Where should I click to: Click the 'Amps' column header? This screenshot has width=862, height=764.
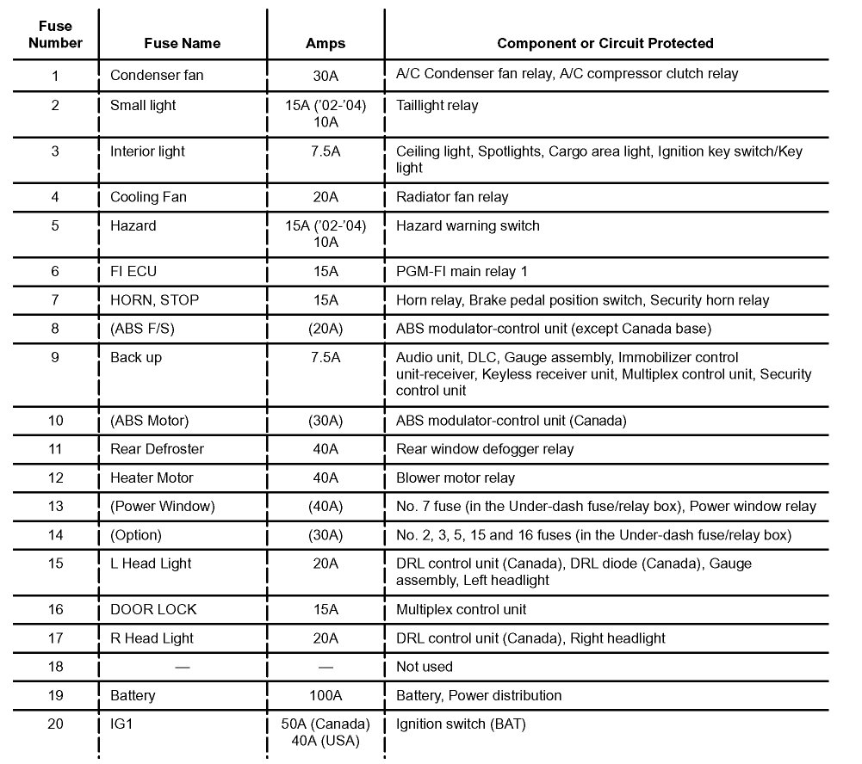tap(326, 43)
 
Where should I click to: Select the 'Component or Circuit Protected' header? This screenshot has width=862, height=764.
tap(605, 43)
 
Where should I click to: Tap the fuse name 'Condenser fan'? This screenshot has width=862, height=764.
tap(157, 75)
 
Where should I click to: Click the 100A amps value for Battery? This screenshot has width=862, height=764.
tap(326, 695)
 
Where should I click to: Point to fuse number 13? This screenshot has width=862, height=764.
tap(56, 506)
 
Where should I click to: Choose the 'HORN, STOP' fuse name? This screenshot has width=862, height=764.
tap(154, 300)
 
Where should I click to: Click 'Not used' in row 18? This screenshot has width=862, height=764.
tap(424, 667)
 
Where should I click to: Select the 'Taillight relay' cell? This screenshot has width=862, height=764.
tap(437, 106)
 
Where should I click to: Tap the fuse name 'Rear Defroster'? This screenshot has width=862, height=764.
tap(157, 449)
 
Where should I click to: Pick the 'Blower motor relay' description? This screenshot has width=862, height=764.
tap(455, 477)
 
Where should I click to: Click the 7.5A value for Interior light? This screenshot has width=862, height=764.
tap(326, 151)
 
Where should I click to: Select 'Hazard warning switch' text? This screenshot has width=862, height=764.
tap(468, 225)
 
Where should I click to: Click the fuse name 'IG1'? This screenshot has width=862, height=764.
tap(121, 724)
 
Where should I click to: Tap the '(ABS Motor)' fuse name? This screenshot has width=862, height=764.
tap(149, 421)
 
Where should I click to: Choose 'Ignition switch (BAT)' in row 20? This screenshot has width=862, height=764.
tap(461, 724)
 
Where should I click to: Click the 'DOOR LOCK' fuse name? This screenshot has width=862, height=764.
tap(153, 609)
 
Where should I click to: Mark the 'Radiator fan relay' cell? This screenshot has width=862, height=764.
tap(452, 197)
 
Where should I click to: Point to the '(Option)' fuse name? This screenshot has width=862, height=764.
tap(135, 535)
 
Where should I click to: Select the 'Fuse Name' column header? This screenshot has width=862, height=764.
tap(183, 43)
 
